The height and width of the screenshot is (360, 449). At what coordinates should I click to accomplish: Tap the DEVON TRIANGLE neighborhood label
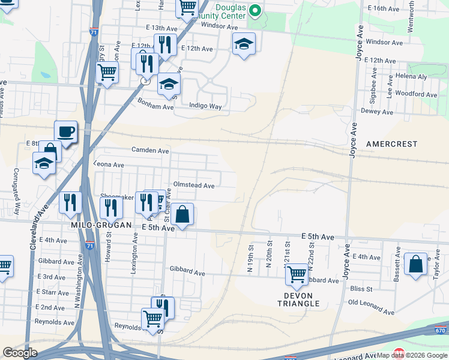pos(298,299)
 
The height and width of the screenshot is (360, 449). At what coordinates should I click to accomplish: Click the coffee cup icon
pos(65,132)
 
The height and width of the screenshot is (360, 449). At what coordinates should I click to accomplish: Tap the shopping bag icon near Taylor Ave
pos(415,265)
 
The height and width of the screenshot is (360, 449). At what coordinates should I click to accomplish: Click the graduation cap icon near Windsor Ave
pos(244,44)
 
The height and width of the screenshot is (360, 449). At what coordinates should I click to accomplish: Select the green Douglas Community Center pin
pos(255,10)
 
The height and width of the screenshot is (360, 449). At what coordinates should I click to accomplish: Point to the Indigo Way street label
pos(205,106)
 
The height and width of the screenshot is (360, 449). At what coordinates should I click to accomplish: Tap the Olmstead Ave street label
pos(193,185)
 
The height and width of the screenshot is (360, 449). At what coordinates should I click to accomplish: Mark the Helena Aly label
pos(411,77)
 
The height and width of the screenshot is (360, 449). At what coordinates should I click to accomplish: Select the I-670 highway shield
pos(440,330)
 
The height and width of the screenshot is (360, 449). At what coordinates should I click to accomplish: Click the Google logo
pos(20,352)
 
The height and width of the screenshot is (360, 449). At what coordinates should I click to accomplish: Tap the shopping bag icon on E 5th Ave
pos(183,214)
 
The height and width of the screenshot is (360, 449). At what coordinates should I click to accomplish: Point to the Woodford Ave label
pos(415,94)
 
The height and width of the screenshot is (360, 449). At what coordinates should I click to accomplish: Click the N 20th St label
pos(270,255)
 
